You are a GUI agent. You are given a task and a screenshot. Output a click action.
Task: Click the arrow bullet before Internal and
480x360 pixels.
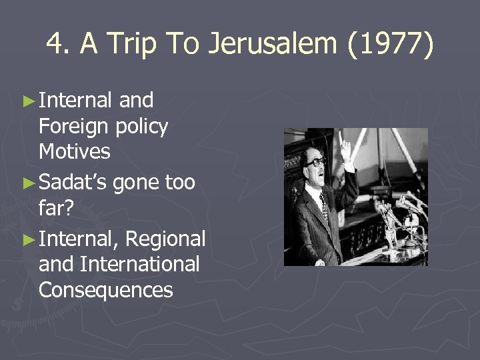click(x=27, y=101)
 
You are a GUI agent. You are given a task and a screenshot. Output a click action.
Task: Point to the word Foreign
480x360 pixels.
click(x=74, y=126)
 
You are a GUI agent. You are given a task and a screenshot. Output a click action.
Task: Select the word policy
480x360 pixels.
click(x=141, y=126)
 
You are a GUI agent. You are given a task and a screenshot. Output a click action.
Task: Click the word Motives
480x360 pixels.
click(x=75, y=151)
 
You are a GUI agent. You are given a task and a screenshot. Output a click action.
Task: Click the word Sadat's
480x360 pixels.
click(x=73, y=182)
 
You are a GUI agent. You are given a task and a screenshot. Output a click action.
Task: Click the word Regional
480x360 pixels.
click(x=165, y=238)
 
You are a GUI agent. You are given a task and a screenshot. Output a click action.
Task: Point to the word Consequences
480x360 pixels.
click(x=106, y=290)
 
